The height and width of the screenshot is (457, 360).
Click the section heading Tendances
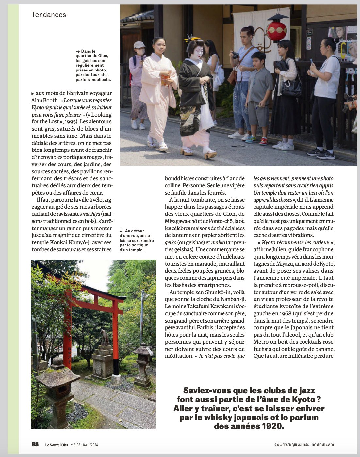tap(49, 15)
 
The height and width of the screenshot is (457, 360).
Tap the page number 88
tap(35, 444)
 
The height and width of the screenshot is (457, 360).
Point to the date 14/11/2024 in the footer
tap(90, 445)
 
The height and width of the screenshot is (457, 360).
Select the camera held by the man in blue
tap(235, 55)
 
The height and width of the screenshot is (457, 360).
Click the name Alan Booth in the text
tap(45, 101)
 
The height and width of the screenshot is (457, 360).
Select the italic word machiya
tap(91, 214)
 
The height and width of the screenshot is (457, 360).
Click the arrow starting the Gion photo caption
tap(78, 51)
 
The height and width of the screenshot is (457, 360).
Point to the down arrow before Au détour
tap(121, 231)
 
